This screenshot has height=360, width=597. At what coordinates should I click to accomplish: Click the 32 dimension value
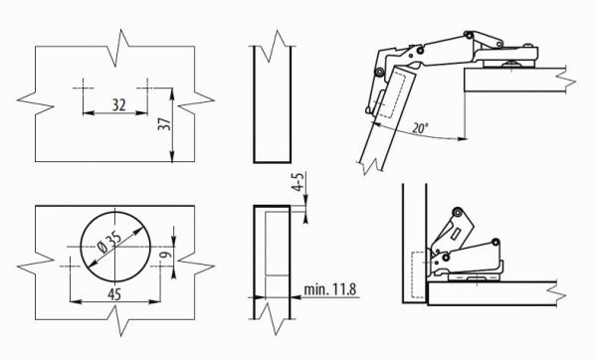(x=119, y=104)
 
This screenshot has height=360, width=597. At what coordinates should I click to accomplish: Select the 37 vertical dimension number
(x=163, y=124)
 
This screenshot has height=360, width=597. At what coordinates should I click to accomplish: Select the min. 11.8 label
(x=329, y=290)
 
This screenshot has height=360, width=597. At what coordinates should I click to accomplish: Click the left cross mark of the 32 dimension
(x=82, y=87)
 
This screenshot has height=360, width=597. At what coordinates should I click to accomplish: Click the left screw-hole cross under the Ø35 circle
(x=71, y=266)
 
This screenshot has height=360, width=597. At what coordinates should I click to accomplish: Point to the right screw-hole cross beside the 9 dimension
(x=159, y=266)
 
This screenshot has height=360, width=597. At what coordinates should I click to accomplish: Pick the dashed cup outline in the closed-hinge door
(x=417, y=270)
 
